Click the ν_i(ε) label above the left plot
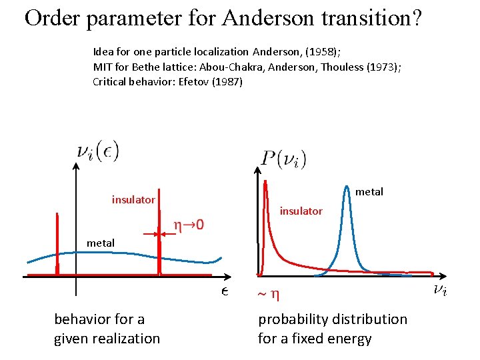tap(97, 152)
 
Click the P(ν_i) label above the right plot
tap(283, 159)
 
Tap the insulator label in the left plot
tap(133, 199)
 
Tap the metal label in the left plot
tap(100, 243)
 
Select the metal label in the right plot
tap(369, 192)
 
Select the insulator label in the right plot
tap(301, 211)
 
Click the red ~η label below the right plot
tap(271, 293)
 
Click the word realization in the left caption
tap(124, 339)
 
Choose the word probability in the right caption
tap(293, 319)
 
